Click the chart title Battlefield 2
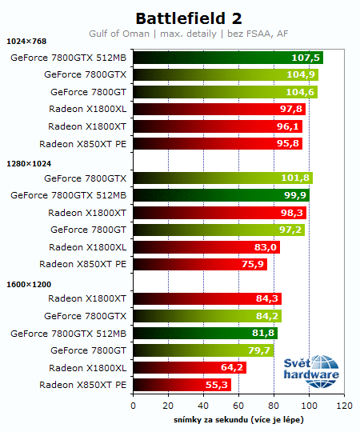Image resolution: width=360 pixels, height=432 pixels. click(x=188, y=18)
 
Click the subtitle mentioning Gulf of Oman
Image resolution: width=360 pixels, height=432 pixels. click(x=188, y=34)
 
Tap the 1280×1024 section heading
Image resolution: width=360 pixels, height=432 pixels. click(x=28, y=163)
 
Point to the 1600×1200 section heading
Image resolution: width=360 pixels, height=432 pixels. click(x=28, y=283)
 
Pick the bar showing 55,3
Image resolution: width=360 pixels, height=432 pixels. click(x=181, y=385)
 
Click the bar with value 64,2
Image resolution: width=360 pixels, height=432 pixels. click(x=189, y=368)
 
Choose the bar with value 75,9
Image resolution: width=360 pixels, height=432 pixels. click(x=199, y=264)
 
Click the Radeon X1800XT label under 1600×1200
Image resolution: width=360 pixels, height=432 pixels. click(x=87, y=298)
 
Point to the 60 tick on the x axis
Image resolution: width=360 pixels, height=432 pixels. click(x=238, y=406)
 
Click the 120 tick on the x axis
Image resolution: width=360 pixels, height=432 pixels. click(x=344, y=406)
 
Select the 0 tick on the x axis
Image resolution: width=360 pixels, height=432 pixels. click(x=133, y=406)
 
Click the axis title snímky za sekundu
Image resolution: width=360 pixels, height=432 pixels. click(x=238, y=419)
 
